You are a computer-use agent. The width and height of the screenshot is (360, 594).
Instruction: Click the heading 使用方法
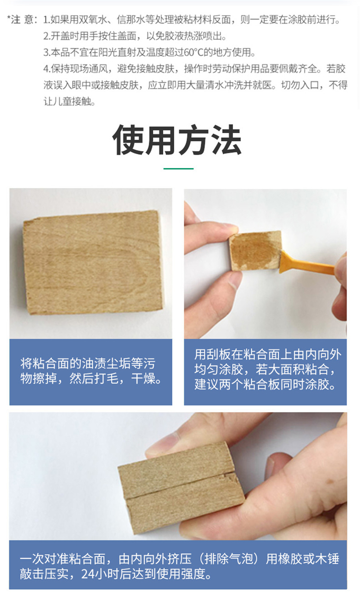pyautogui.click(x=177, y=140)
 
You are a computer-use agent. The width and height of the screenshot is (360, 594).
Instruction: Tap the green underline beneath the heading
pyautogui.click(x=179, y=169)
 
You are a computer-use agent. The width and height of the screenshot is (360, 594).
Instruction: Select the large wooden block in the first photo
pyautogui.click(x=93, y=262)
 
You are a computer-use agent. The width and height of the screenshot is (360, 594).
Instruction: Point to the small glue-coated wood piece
pyautogui.click(x=255, y=251)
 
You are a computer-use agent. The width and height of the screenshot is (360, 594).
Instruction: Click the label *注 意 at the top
pyautogui.click(x=21, y=20)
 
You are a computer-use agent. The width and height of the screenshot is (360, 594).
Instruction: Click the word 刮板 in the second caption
pyautogui.click(x=218, y=354)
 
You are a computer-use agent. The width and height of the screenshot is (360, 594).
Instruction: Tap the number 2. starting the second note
pyautogui.click(x=47, y=36)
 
